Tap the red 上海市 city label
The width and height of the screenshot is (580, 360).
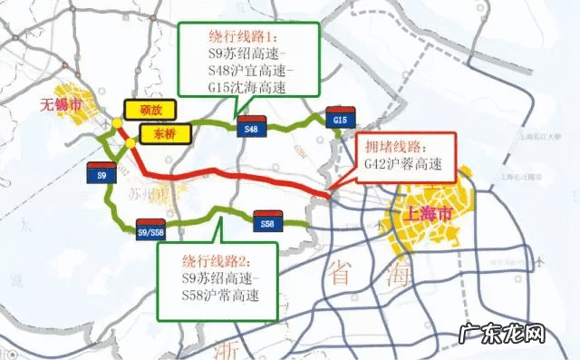pyautogui.click(x=430, y=215)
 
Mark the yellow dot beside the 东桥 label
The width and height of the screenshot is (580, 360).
pyautogui.click(x=130, y=142)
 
